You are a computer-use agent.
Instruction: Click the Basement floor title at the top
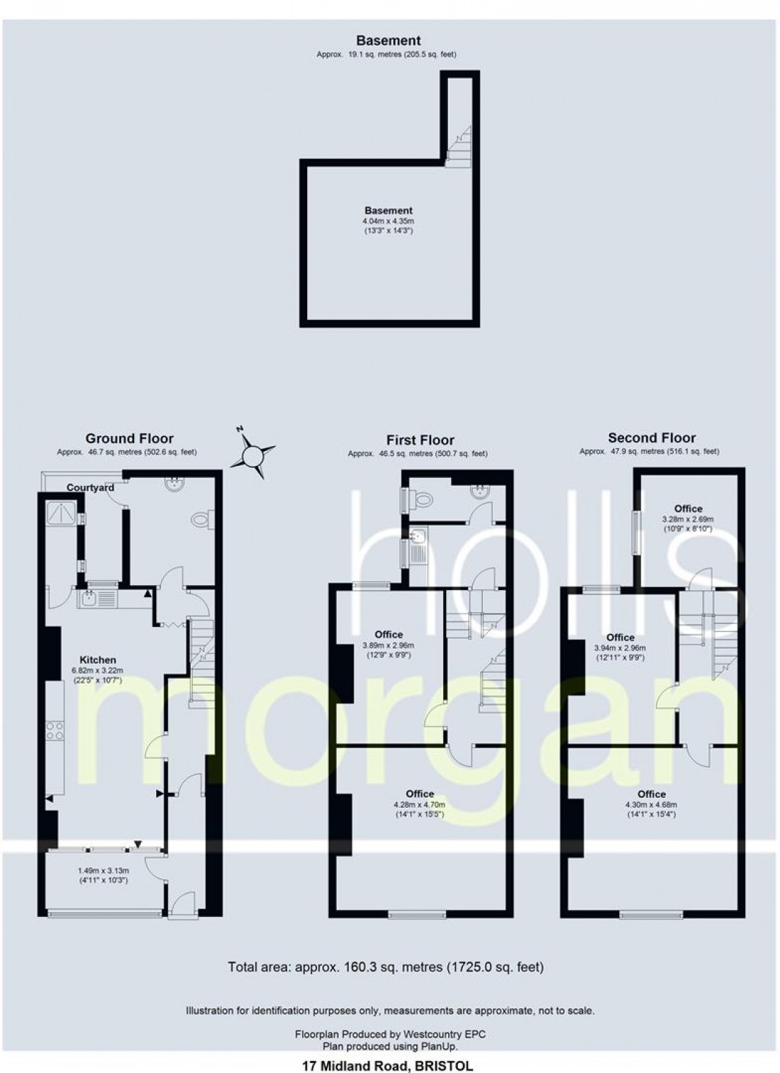388,40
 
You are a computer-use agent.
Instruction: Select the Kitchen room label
97,660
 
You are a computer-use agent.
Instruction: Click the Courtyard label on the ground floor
90,487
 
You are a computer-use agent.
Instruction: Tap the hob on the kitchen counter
55,730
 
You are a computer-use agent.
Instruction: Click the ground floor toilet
201,520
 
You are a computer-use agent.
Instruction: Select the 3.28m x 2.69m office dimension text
688,519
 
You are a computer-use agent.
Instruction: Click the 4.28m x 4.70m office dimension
420,804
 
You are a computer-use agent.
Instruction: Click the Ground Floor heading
129,438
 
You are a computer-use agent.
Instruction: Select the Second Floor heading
651,438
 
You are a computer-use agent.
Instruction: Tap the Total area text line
386,966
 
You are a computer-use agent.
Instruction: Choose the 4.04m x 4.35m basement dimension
388,221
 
